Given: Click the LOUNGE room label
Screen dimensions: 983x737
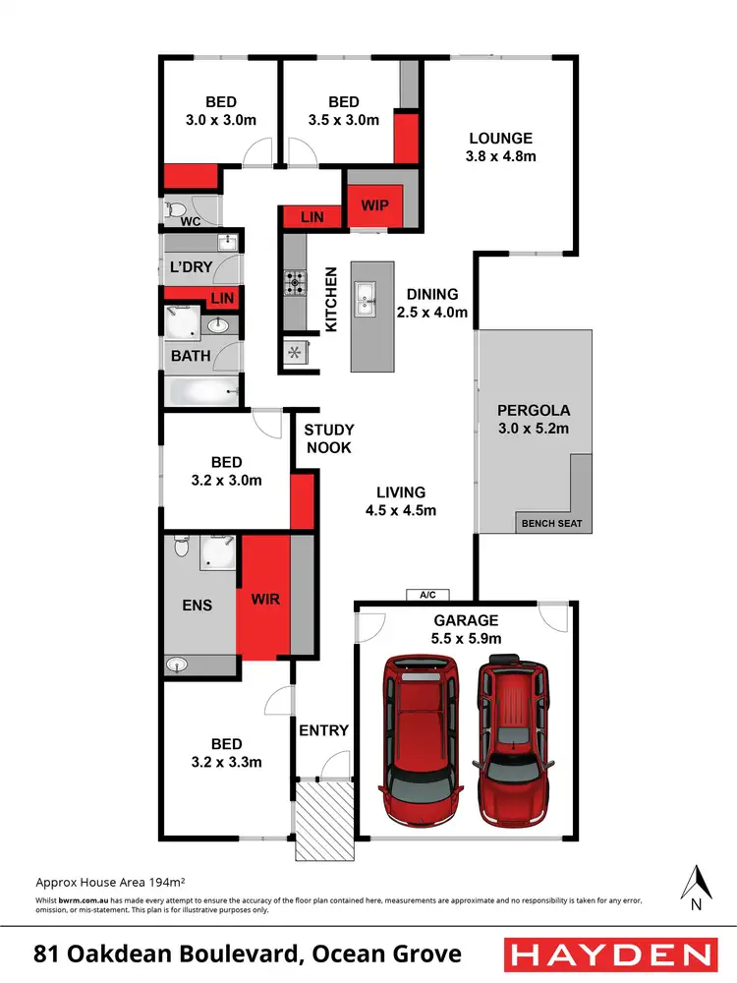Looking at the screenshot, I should pos(500,139).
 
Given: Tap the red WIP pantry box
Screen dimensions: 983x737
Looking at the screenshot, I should pos(375,205).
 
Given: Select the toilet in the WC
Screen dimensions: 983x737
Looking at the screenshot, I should pos(175,209).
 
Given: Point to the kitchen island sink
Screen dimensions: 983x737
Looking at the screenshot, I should pos(367,297).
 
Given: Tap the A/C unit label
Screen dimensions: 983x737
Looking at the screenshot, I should pos(426,595).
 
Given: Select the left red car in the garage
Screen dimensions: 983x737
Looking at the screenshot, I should pos(420,727).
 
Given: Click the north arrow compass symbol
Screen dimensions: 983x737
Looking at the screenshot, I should pos(697,885).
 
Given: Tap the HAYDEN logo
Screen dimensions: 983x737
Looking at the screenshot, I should pos(609,954).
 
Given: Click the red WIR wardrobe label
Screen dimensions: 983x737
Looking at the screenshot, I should pos(265,598).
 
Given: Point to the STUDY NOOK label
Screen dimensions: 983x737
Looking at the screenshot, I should pos(328,438).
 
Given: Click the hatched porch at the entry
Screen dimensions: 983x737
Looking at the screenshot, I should pos(324,819).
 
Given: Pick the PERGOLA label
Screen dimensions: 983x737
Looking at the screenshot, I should pos(534,410).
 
